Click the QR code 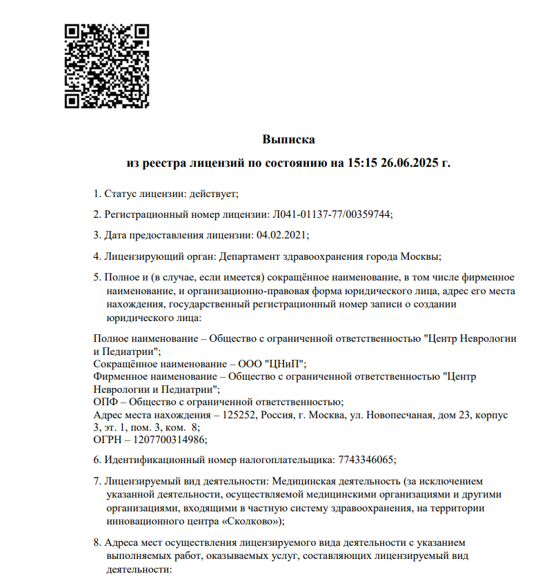[x=107, y=66]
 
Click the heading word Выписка [x=288, y=140]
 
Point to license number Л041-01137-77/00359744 [x=330, y=214]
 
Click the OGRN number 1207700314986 [x=165, y=439]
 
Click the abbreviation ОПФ [x=105, y=401]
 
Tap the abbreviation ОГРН [x=108, y=439]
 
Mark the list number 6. [x=96, y=460]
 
